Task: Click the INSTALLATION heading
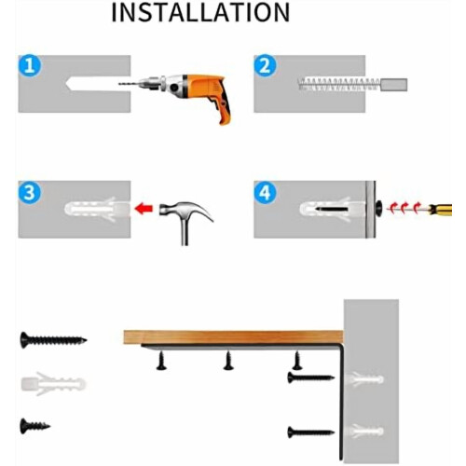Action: tap(200, 12)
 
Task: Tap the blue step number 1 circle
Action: tap(30, 66)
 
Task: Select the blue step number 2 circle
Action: tap(265, 66)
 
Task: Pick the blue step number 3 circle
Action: tap(30, 193)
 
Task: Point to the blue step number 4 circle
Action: tap(265, 193)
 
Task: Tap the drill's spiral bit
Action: tap(129, 84)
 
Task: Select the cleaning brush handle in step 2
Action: tap(394, 85)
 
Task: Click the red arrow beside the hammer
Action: tap(144, 208)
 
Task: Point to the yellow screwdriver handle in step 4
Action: tap(441, 210)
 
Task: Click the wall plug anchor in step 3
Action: tap(97, 209)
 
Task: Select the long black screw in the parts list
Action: tap(53, 340)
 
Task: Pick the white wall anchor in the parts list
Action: tap(53, 384)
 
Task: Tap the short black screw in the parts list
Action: tap(34, 426)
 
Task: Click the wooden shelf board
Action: tap(233, 337)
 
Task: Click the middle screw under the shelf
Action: tap(228, 361)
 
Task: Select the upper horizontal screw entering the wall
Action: tap(311, 377)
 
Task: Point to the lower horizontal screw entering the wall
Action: tap(311, 432)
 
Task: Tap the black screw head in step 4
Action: tap(379, 208)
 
